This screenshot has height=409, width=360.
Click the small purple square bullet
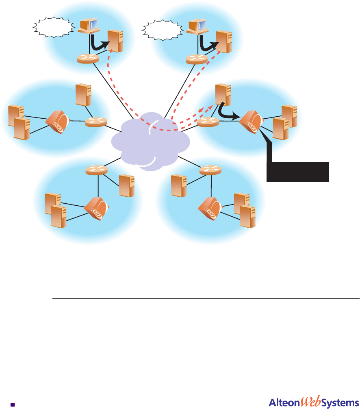[x=13, y=404]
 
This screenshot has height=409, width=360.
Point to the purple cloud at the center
[x=150, y=140]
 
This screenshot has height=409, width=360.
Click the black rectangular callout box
[x=297, y=171]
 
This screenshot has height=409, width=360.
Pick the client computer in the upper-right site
[x=197, y=26]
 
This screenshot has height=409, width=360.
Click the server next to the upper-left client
[x=115, y=41]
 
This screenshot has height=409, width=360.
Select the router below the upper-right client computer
[x=196, y=59]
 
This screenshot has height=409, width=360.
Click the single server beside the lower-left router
[x=126, y=185]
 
